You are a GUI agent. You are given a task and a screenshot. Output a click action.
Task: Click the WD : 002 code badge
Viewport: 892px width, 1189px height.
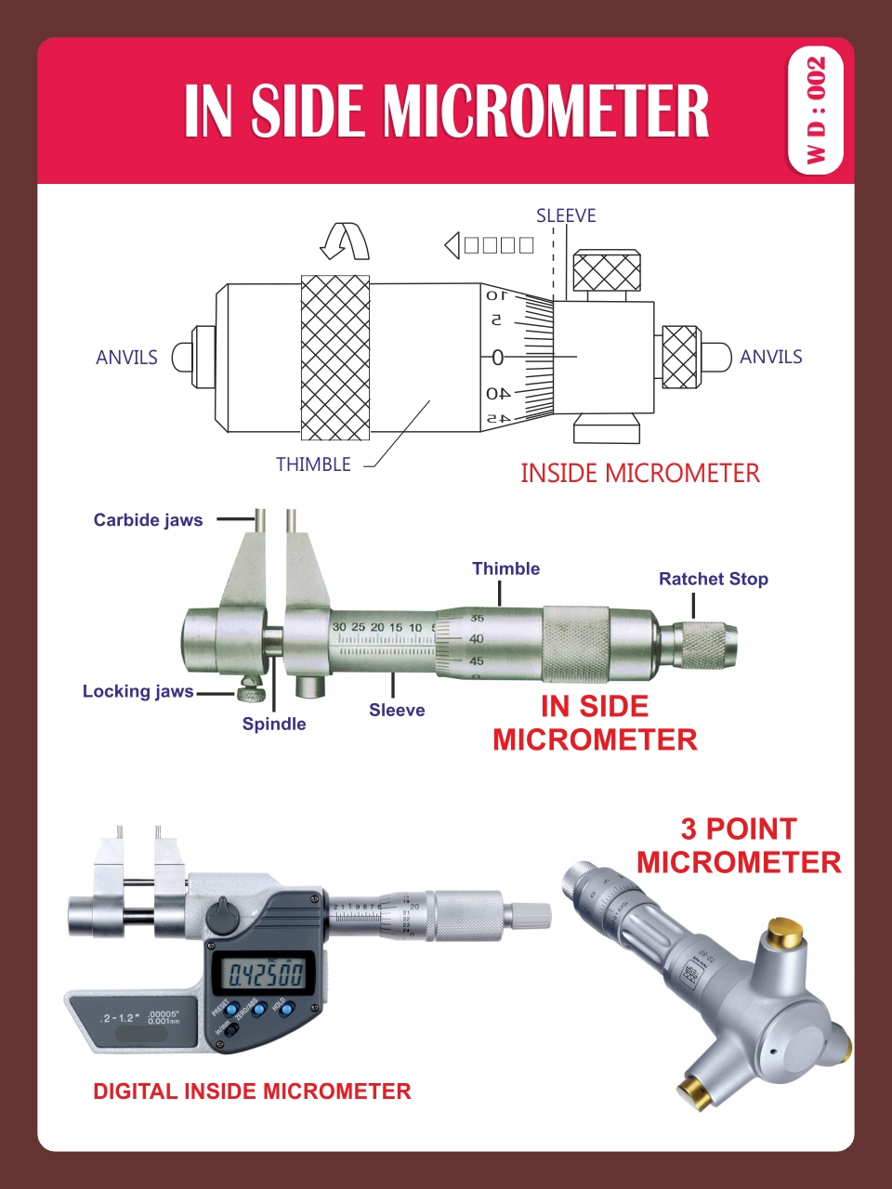coord(815,111)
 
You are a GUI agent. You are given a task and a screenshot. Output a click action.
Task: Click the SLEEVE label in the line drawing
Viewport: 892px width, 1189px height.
coord(566,216)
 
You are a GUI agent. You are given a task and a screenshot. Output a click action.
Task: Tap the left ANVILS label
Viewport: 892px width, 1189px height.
coord(126,358)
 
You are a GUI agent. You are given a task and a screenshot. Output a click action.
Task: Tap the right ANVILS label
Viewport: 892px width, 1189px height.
coord(770,357)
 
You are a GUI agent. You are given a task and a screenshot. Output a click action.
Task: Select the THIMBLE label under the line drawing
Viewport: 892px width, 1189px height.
coord(313,464)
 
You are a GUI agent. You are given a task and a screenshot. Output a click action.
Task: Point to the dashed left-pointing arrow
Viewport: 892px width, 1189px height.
coord(490,245)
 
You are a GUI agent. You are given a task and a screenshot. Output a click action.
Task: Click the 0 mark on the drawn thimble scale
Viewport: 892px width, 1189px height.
coord(497,358)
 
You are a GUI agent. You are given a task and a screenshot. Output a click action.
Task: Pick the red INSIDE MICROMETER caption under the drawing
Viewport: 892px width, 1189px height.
coord(639,474)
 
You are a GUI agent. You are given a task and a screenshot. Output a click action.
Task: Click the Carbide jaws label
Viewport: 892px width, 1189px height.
coord(148,520)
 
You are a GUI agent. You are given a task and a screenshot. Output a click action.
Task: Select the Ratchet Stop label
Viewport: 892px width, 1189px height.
coord(713,579)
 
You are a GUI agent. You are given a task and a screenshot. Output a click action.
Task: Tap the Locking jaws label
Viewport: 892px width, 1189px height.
coord(138,691)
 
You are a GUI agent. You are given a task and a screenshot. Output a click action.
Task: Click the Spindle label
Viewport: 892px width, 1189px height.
coord(274,724)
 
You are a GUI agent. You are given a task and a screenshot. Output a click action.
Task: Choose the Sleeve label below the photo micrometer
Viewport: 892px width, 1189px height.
coord(397,710)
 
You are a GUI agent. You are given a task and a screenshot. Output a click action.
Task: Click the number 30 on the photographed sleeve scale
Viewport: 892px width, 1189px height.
coord(339,627)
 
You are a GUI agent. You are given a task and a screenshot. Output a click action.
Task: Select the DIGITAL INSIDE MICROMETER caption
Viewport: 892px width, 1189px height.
coord(252,1091)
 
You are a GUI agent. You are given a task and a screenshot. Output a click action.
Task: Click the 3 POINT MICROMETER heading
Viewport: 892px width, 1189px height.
coord(739,845)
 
